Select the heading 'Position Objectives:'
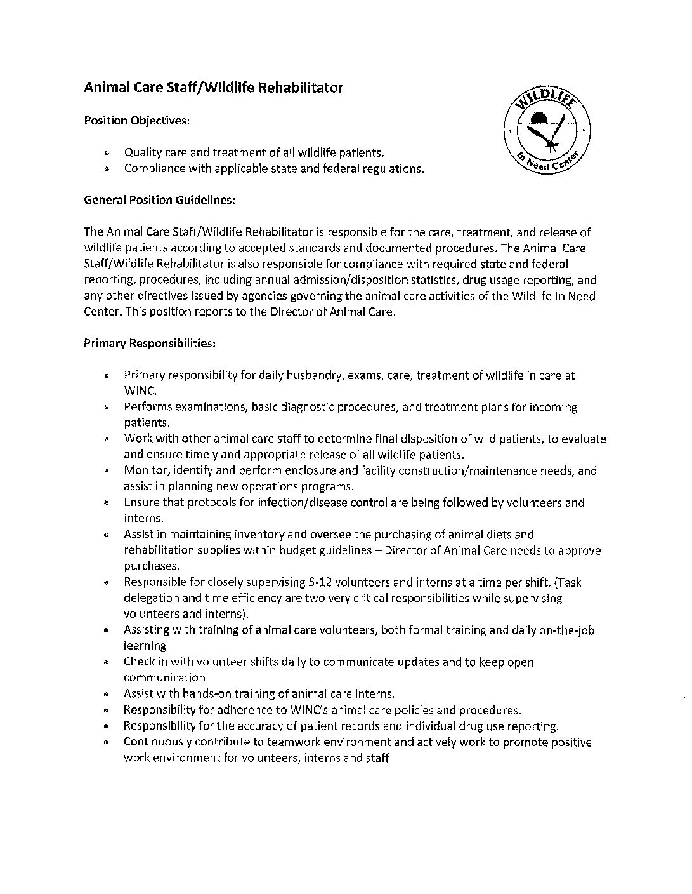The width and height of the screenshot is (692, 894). coord(136,121)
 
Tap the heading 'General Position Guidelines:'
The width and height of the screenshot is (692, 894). coord(160,200)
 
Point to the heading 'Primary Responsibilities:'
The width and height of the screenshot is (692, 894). coord(150,344)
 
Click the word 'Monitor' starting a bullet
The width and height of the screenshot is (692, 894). coord(144,470)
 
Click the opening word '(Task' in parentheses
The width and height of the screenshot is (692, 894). coord(566,582)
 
